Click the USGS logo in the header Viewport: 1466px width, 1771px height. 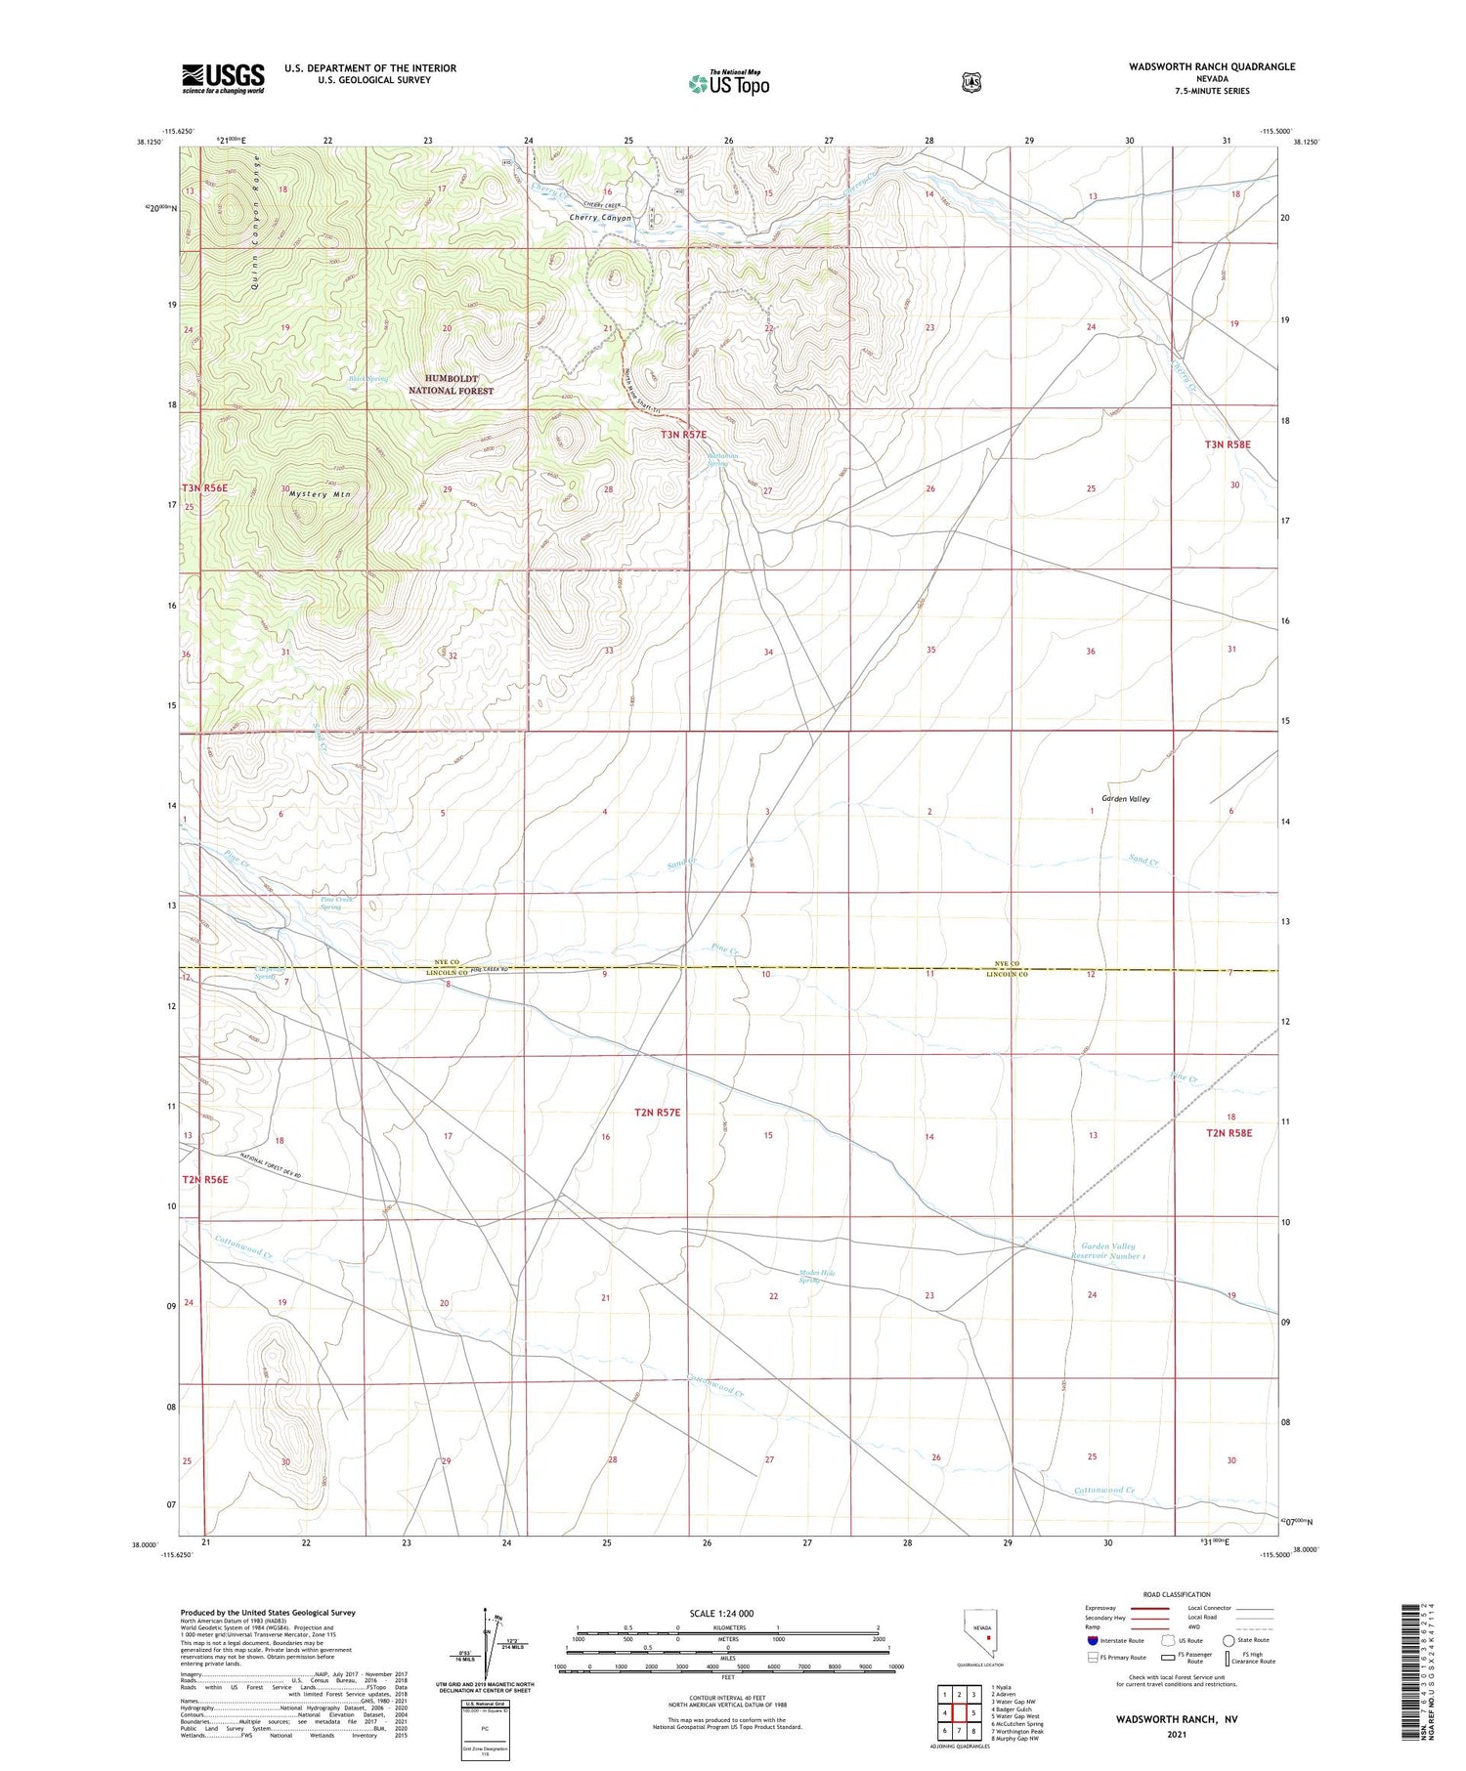(223, 78)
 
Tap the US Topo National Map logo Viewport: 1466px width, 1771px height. (729, 83)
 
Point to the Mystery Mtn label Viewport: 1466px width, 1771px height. (320, 494)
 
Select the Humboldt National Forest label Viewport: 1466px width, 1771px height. (451, 384)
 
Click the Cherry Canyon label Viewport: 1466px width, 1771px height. (600, 219)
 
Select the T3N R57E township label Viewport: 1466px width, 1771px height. (683, 434)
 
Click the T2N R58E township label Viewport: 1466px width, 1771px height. (1229, 1133)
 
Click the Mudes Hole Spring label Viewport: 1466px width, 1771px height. (817, 1276)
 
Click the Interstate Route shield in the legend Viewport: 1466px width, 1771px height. (1092, 1640)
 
